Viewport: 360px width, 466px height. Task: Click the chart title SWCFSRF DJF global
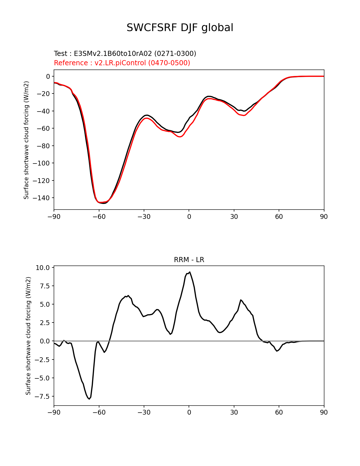[180, 28]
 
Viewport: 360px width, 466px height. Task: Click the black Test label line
[125, 53]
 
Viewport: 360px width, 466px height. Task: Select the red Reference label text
[122, 63]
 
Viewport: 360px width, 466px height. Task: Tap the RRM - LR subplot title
[189, 260]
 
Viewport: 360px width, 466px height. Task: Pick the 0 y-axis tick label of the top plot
[48, 76]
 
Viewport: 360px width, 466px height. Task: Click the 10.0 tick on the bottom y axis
[43, 268]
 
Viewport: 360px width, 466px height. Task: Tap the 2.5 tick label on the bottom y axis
[45, 323]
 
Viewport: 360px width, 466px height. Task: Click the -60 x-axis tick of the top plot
[99, 217]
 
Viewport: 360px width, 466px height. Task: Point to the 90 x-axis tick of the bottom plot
[324, 412]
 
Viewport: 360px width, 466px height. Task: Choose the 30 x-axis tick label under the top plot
[234, 217]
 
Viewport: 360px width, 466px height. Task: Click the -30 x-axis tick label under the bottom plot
[144, 412]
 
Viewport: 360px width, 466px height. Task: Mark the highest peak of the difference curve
[190, 272]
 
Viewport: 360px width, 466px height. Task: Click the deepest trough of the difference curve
[89, 399]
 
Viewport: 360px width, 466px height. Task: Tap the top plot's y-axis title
[26, 140]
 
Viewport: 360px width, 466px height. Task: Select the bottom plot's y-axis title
[28, 336]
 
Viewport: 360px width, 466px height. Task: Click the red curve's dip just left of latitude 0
[180, 137]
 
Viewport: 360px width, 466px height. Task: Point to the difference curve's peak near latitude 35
[241, 300]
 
